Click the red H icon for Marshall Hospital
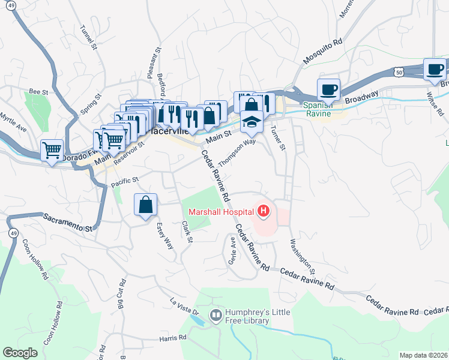pyautogui.click(x=262, y=211)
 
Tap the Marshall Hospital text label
pyautogui.click(x=221, y=212)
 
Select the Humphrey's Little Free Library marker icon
pyautogui.click(x=215, y=315)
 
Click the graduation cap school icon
pyautogui.click(x=252, y=123)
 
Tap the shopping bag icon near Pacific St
pyautogui.click(x=146, y=206)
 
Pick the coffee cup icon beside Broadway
pyautogui.click(x=328, y=90)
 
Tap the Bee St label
pyautogui.click(x=38, y=92)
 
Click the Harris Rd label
pyautogui.click(x=173, y=338)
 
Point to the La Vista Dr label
pyautogui.click(x=184, y=306)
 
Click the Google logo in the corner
pyautogui.click(x=20, y=353)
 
